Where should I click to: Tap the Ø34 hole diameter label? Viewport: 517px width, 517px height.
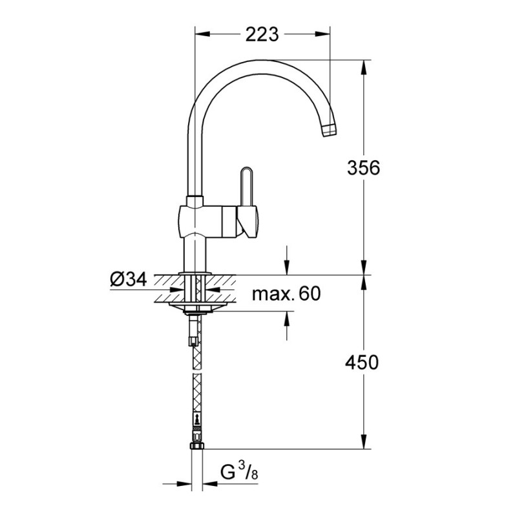pyautogui.click(x=129, y=279)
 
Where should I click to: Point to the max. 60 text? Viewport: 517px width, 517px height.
pyautogui.click(x=286, y=295)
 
